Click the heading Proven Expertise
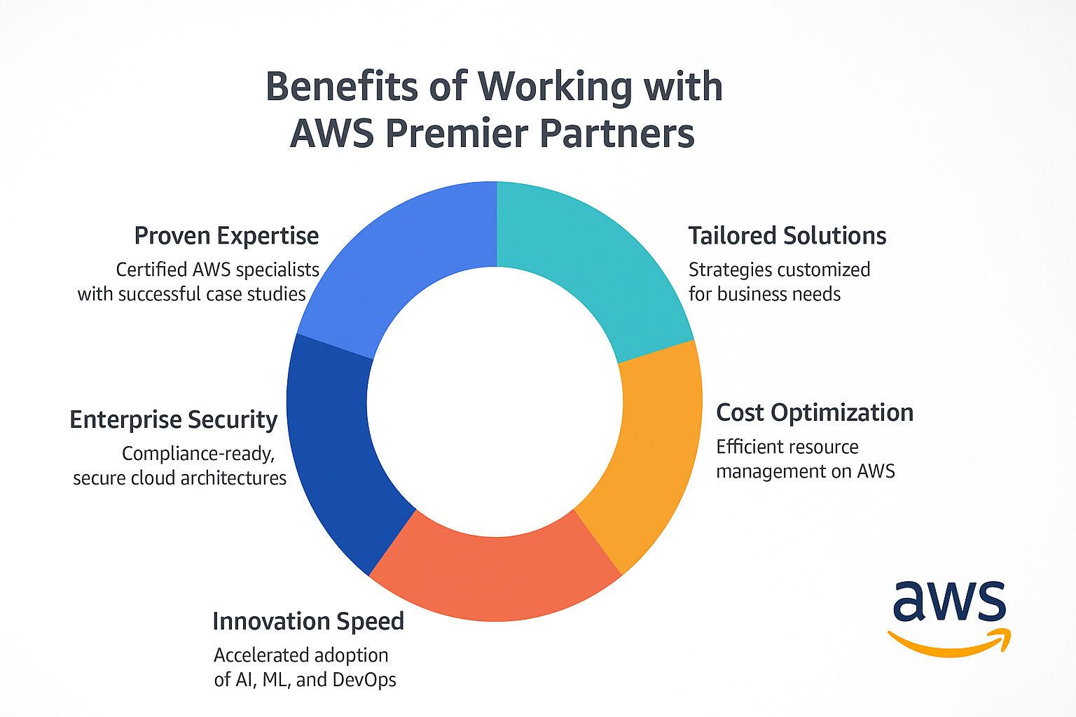[226, 236]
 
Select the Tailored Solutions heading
[787, 236]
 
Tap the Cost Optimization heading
[815, 413]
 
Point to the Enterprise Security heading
[174, 420]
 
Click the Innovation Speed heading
[308, 622]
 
